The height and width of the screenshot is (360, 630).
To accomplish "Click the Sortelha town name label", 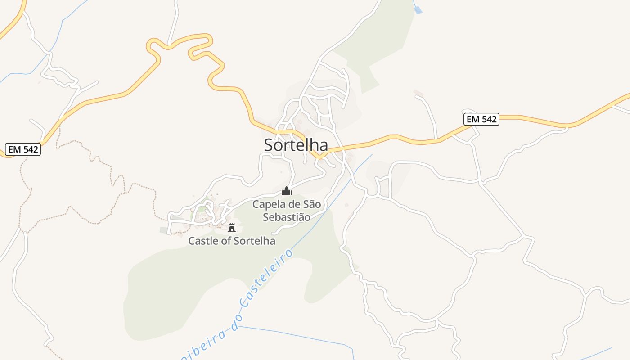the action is (296, 145).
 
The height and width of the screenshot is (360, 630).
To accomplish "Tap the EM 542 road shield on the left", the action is (23, 149).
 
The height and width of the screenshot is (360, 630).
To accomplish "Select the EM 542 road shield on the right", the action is (481, 119).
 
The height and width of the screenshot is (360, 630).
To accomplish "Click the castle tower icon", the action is (232, 227).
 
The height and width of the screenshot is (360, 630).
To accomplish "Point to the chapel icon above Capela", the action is (287, 191).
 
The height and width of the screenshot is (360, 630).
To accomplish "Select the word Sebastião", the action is (287, 217).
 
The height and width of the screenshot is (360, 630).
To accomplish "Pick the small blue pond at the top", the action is (418, 10).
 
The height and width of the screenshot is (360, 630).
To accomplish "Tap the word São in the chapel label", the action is (311, 205).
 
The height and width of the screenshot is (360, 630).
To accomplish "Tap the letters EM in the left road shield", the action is (14, 149).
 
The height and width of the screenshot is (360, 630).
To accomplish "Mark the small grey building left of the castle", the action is (163, 230).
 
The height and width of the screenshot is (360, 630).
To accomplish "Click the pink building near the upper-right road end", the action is (418, 93).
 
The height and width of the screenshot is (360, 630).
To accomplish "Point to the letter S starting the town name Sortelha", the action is (269, 145).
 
